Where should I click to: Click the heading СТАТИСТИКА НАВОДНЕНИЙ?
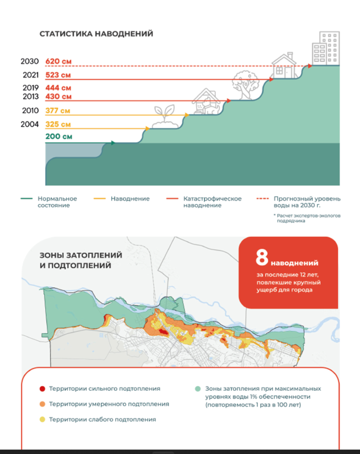pyautogui.click(x=96, y=34)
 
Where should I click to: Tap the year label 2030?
pyautogui.click(x=30, y=62)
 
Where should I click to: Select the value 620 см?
pyautogui.click(x=59, y=62)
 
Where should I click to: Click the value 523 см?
pyautogui.click(x=58, y=75)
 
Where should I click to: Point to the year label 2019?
pyautogui.click(x=30, y=88)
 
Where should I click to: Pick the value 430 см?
pyautogui.click(x=58, y=96)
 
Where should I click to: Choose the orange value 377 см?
pyautogui.click(x=58, y=110)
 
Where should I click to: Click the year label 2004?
pyautogui.click(x=30, y=124)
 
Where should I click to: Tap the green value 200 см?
pyautogui.click(x=59, y=137)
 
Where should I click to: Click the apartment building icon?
pyautogui.click(x=325, y=48)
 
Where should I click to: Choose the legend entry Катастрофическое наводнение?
pyautogui.click(x=212, y=202)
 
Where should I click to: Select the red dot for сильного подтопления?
pyautogui.click(x=42, y=389)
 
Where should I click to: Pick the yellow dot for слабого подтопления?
pyautogui.click(x=42, y=419)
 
